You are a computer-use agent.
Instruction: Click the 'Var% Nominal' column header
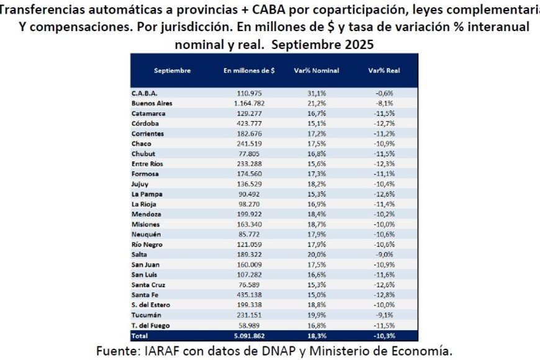coord(317,71)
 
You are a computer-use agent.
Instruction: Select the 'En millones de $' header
coord(249,71)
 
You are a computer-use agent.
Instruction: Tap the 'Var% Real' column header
coord(384,71)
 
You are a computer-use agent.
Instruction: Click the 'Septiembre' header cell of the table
coord(172,71)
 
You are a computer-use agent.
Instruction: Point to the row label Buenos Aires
coord(152,104)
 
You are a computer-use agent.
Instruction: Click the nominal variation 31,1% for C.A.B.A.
coord(317,94)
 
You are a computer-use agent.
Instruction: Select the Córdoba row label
coord(145,124)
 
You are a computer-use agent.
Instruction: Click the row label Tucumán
coord(146,315)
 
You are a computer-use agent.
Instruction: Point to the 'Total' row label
coord(140,336)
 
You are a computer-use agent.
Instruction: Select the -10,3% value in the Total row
coord(384,336)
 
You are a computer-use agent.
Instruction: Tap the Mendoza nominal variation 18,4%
coord(317,215)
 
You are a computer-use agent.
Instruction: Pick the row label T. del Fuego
coord(151,325)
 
